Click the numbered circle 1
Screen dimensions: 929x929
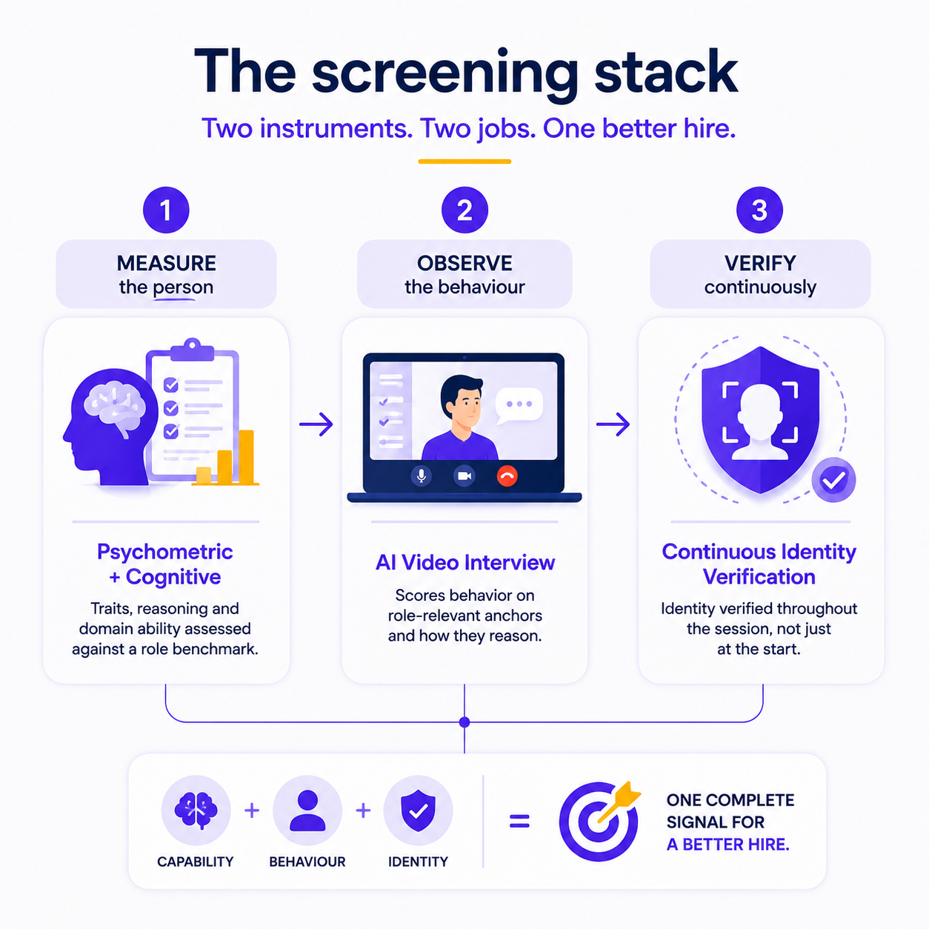pyautogui.click(x=166, y=210)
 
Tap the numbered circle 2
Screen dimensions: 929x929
pyautogui.click(x=464, y=210)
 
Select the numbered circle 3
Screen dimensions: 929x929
pyautogui.click(x=759, y=210)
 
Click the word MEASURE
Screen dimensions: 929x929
pyautogui.click(x=167, y=263)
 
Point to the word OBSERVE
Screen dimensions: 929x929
pyautogui.click(x=464, y=263)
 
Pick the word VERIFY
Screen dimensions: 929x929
pyautogui.click(x=760, y=263)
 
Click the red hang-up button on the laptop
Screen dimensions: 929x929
pyautogui.click(x=507, y=476)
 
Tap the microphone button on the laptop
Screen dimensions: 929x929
pyautogui.click(x=422, y=476)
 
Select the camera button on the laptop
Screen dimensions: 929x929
pyautogui.click(x=464, y=476)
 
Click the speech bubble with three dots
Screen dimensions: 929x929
pyautogui.click(x=519, y=405)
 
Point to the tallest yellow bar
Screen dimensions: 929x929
pyautogui.click(x=247, y=457)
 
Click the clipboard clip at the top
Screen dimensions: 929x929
pyautogui.click(x=193, y=350)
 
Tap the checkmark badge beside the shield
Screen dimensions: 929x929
pyautogui.click(x=833, y=479)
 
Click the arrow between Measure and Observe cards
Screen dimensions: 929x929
pyautogui.click(x=316, y=424)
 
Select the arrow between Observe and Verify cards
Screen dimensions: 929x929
pyautogui.click(x=613, y=424)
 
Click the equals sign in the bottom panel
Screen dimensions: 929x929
pyautogui.click(x=519, y=821)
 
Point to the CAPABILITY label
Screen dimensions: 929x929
pyautogui.click(x=196, y=862)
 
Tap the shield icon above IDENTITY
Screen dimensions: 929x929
pyautogui.click(x=418, y=810)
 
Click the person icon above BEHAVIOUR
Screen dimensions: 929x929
pyautogui.click(x=307, y=810)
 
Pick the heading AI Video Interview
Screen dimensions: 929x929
pyautogui.click(x=465, y=562)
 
